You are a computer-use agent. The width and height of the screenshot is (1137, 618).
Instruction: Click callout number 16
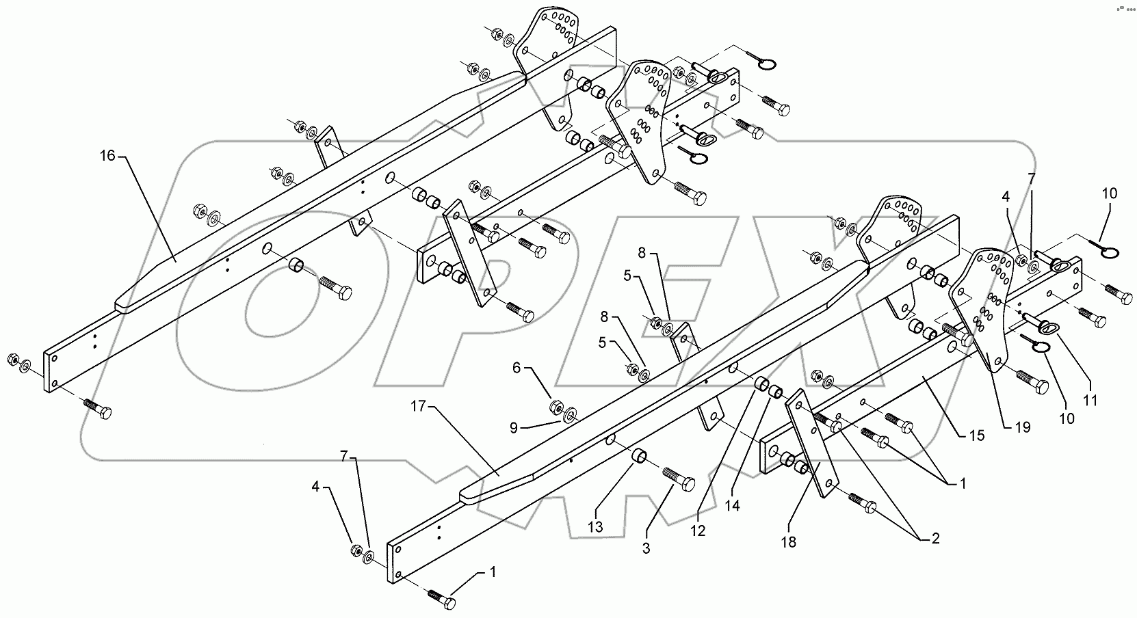click(x=107, y=156)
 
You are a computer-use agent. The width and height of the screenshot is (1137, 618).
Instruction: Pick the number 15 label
click(x=977, y=435)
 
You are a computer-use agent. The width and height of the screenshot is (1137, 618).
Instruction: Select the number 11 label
click(x=1090, y=400)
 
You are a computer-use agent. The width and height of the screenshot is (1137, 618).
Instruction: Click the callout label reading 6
click(x=517, y=368)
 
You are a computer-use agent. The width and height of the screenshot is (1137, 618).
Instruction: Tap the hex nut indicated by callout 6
click(x=556, y=409)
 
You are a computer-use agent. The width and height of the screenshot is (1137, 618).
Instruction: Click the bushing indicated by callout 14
click(x=776, y=392)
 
